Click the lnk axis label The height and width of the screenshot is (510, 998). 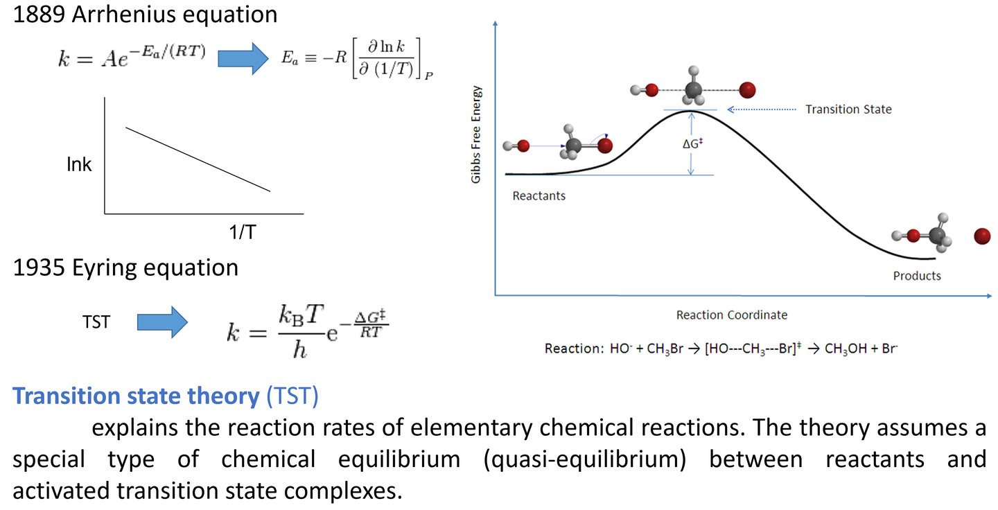coord(79,165)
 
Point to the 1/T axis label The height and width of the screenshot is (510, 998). coord(243,233)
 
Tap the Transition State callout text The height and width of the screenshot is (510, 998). coord(848,109)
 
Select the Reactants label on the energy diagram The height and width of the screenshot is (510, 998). coord(539,196)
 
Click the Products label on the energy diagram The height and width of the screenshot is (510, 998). coord(917,276)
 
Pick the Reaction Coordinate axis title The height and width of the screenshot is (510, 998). coord(732,315)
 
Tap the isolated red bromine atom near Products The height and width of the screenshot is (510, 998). coord(981,236)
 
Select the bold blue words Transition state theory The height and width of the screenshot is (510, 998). coord(136,396)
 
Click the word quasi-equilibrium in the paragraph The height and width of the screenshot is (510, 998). coord(597,459)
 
